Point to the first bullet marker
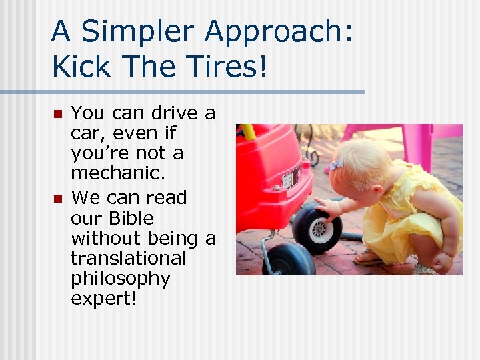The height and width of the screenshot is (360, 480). point(57,114)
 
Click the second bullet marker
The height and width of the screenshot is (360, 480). point(57,198)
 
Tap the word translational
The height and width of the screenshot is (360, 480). point(128,258)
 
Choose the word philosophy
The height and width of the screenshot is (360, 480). point(120,278)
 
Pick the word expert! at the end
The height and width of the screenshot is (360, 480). point(103,298)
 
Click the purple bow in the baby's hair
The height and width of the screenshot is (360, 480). point(336,165)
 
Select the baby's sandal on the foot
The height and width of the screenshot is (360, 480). point(368,257)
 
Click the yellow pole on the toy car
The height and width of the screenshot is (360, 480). point(248,131)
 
